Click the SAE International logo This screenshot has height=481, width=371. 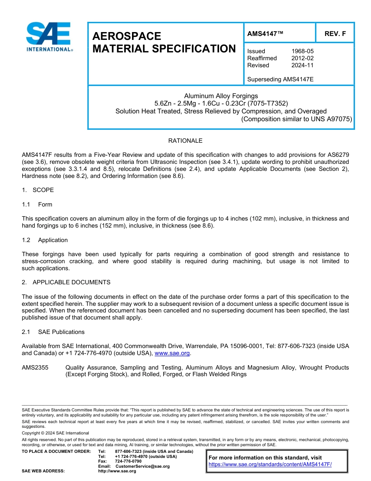point(49,37)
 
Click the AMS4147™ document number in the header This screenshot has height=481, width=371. point(265,34)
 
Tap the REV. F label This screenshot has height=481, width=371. point(335,34)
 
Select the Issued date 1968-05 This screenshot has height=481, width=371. point(302,51)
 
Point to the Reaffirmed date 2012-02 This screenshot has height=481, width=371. point(302,58)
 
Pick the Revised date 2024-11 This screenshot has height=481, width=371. point(302,65)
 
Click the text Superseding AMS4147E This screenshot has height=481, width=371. point(280,79)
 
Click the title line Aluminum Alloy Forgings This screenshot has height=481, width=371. point(221,96)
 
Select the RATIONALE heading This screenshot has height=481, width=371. point(185,141)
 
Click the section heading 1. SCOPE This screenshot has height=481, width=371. point(38,190)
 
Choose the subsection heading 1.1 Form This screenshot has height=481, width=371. point(37,205)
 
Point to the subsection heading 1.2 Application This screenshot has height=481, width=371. point(45,240)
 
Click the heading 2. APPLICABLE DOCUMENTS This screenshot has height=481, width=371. point(66,282)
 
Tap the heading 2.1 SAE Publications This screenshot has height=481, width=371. point(53,332)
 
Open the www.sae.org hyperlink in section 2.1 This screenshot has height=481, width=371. point(172,353)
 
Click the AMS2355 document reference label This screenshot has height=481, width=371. point(35,368)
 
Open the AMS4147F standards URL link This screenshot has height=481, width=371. point(270,465)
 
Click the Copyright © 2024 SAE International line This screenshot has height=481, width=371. point(55,433)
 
